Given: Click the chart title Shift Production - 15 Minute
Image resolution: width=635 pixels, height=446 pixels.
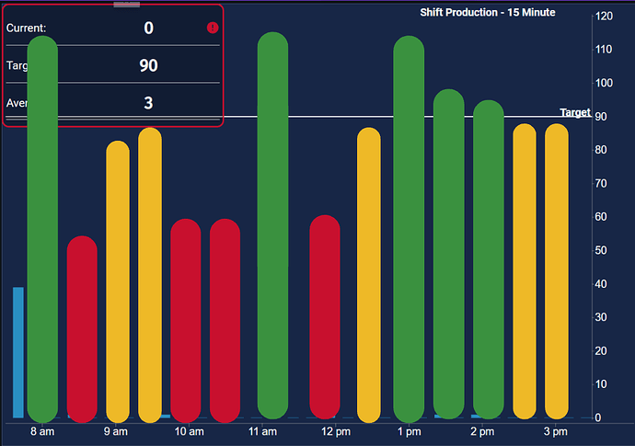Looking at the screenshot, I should pyautogui.click(x=488, y=12).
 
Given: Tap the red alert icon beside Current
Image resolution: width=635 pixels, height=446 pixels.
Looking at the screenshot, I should pyautogui.click(x=213, y=28).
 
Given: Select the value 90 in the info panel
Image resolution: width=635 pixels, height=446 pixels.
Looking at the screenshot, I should pyautogui.click(x=148, y=65).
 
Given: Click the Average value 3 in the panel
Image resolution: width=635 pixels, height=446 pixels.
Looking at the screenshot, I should pyautogui.click(x=148, y=102).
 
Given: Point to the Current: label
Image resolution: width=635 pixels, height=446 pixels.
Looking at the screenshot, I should pyautogui.click(x=26, y=29).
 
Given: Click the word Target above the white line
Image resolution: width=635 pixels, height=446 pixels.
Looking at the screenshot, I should pyautogui.click(x=575, y=112).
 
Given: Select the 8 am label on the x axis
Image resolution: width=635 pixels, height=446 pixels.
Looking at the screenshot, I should pyautogui.click(x=42, y=431).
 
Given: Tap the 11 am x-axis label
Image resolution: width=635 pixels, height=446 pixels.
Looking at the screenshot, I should pyautogui.click(x=263, y=431).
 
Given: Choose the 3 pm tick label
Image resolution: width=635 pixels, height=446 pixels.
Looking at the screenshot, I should pyautogui.click(x=555, y=431).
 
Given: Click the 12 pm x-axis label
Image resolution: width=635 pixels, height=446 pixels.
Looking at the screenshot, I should pyautogui.click(x=336, y=431).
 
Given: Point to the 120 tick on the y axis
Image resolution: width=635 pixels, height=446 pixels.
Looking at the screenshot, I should pyautogui.click(x=605, y=17).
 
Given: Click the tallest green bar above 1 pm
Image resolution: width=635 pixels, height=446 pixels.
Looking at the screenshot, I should pyautogui.click(x=409, y=230).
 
